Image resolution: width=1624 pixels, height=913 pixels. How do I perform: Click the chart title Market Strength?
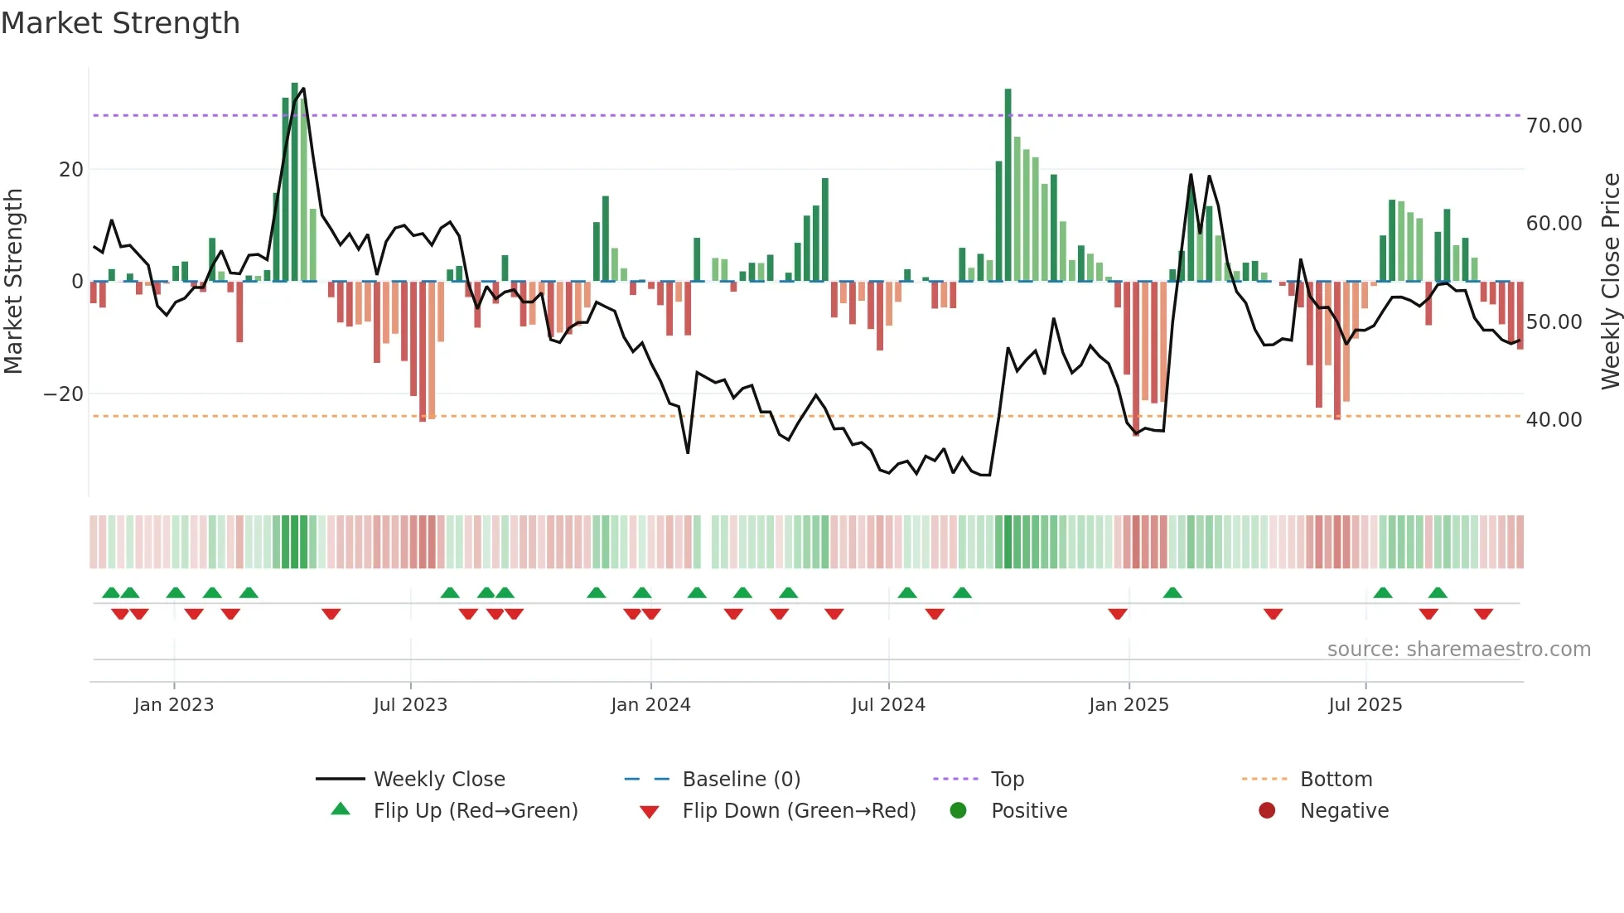pyautogui.click(x=120, y=23)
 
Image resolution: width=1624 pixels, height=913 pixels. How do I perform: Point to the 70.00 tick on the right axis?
pyautogui.click(x=1554, y=126)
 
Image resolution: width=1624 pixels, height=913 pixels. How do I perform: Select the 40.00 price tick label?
pyautogui.click(x=1554, y=420)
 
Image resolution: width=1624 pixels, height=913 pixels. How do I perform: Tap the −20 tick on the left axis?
pyautogui.click(x=63, y=394)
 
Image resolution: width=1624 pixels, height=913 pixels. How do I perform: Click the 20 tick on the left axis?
pyautogui.click(x=71, y=170)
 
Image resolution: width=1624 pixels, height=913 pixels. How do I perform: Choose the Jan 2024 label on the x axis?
pyautogui.click(x=650, y=705)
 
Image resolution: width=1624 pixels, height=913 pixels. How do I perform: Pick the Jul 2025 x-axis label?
pyautogui.click(x=1365, y=705)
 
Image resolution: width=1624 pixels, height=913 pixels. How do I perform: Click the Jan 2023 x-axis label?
pyautogui.click(x=173, y=705)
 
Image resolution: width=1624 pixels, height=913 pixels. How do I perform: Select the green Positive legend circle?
pyautogui.click(x=959, y=811)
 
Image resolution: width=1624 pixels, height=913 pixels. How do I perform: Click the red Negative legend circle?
pyautogui.click(x=1267, y=811)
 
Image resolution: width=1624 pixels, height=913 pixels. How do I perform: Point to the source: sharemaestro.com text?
pyautogui.click(x=1458, y=650)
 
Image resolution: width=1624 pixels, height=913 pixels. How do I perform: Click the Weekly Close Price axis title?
pyautogui.click(x=1610, y=282)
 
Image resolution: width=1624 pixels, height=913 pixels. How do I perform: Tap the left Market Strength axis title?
pyautogui.click(x=14, y=282)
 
